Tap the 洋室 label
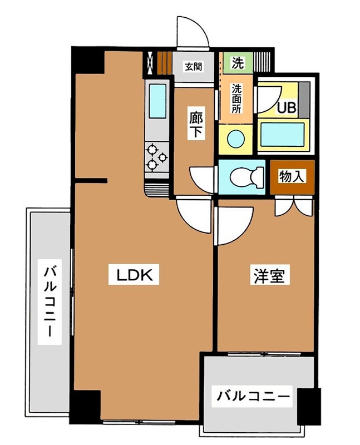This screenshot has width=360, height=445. (x=269, y=276)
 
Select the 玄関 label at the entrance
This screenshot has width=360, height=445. (x=193, y=66)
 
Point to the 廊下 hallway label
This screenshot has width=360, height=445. (x=195, y=125)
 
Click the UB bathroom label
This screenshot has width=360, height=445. (x=287, y=106)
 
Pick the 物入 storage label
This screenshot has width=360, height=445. (x=292, y=177)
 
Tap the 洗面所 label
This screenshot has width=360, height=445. (x=236, y=98)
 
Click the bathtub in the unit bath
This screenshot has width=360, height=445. (x=283, y=135)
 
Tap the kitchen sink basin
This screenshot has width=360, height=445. (x=159, y=102)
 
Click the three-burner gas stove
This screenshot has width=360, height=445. (x=157, y=157)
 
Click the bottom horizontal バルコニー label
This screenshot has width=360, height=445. (x=254, y=397)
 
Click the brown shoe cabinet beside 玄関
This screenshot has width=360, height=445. (x=163, y=63)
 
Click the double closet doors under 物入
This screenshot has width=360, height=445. (x=294, y=206)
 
